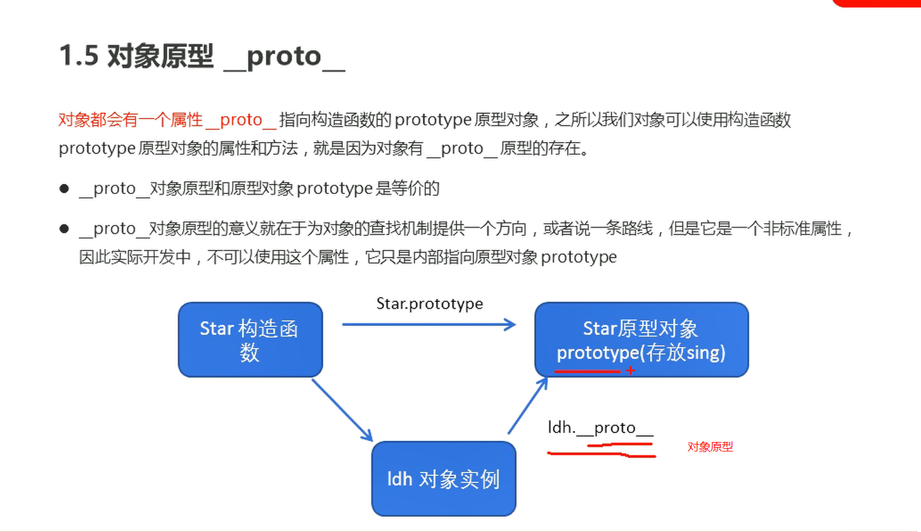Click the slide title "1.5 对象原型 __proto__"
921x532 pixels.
[202, 56]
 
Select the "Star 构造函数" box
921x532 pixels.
[250, 340]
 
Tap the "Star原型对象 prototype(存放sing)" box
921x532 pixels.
[641, 340]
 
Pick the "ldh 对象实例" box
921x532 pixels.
[443, 479]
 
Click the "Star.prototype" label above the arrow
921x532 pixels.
[429, 304]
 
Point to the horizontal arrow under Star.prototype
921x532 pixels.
[429, 325]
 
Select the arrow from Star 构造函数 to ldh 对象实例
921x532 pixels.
[341, 409]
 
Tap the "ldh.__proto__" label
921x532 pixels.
[600, 428]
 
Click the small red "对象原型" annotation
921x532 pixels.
[710, 447]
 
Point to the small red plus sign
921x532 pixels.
[630, 370]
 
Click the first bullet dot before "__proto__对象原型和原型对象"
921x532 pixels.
[64, 189]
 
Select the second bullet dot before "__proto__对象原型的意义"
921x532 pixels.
[64, 229]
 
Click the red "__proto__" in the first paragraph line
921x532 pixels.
[242, 120]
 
